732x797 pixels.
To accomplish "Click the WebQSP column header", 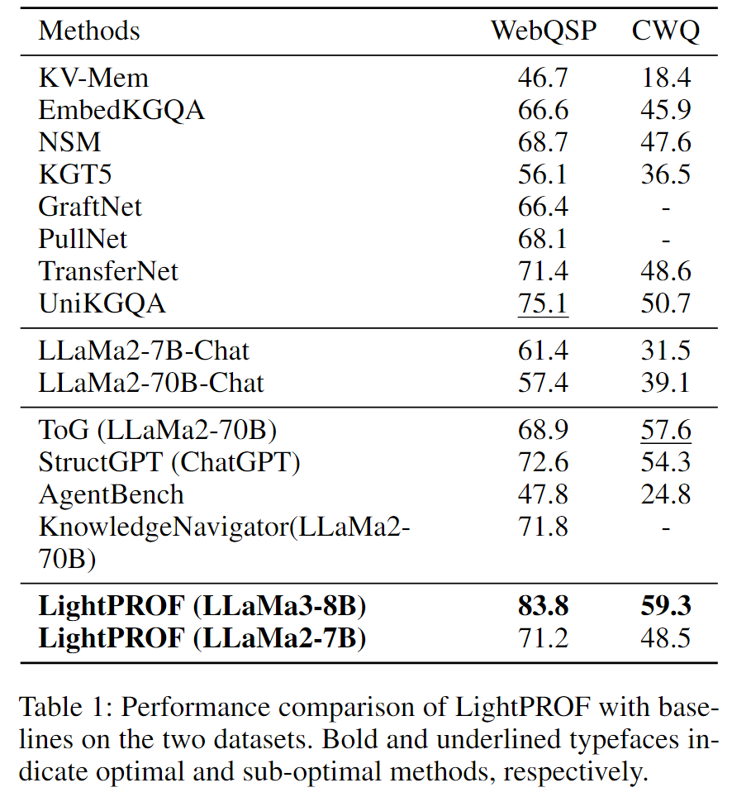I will click(544, 31).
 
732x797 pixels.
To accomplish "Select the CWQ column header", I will click(666, 31).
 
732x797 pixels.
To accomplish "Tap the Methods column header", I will click(89, 31).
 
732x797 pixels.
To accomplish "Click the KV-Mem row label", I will click(93, 78).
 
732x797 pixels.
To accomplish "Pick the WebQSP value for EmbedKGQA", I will click(544, 110).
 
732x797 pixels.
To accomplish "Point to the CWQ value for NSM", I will click(666, 142).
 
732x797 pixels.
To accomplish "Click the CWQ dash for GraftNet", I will click(666, 207).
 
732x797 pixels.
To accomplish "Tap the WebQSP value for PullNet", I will click(544, 239).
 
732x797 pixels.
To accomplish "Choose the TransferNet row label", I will click(108, 271).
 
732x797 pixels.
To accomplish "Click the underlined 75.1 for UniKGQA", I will click(544, 303).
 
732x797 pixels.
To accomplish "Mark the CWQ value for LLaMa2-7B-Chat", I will click(666, 351).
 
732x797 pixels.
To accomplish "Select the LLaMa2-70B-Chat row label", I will click(151, 383).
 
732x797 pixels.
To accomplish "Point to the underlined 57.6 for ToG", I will click(666, 430).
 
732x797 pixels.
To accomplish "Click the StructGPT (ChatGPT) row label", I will click(169, 462).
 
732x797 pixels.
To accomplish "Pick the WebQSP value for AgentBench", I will click(544, 494).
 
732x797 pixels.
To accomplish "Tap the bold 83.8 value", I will click(544, 607).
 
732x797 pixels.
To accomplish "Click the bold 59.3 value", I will click(666, 607).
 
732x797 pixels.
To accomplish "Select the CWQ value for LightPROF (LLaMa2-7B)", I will click(666, 639).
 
